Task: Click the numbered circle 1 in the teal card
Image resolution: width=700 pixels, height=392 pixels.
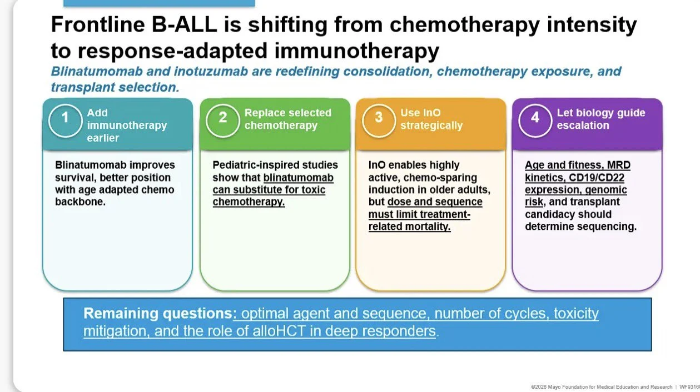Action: (65, 120)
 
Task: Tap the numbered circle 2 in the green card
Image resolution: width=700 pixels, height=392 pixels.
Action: (222, 120)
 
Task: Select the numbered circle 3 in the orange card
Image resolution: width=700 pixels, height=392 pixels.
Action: (379, 120)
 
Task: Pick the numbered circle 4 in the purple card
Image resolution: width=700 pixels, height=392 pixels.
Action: (535, 120)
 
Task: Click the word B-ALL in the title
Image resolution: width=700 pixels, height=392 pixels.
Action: (184, 24)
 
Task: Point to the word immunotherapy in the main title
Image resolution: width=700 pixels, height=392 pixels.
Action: (356, 51)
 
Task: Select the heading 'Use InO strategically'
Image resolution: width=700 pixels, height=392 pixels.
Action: (431, 119)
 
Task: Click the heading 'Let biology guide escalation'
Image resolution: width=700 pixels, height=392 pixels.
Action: (601, 119)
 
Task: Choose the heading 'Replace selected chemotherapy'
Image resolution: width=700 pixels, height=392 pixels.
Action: (288, 119)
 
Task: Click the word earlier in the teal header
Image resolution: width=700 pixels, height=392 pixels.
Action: (103, 138)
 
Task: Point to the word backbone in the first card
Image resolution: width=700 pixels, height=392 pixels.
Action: (80, 202)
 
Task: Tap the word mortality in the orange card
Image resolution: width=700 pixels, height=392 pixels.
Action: (430, 227)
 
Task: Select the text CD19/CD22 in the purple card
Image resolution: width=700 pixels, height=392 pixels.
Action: (597, 178)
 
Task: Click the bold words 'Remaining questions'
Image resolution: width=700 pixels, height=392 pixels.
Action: (158, 313)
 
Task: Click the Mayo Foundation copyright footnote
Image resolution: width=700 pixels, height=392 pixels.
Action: (602, 387)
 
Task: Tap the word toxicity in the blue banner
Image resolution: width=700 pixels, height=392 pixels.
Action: (576, 314)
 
